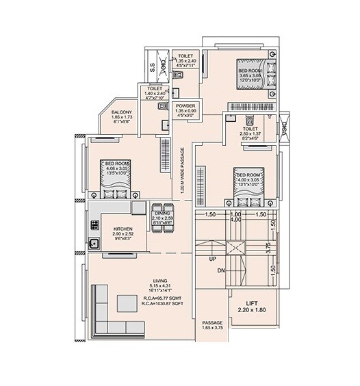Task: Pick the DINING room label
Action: point(162,211)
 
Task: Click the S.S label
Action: point(151,66)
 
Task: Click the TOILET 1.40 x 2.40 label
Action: point(150,94)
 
